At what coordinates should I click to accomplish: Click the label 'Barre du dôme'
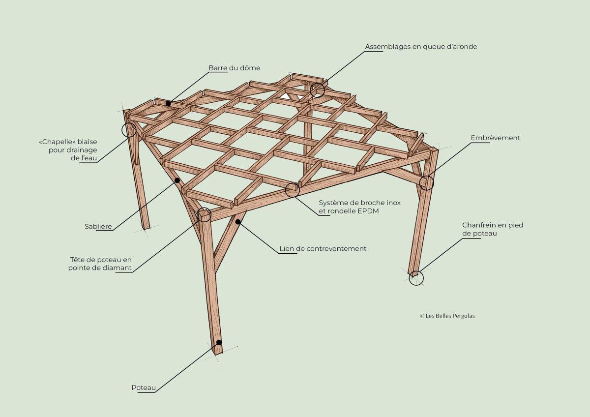pos(234,68)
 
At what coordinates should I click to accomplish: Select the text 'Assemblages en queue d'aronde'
pos(421,47)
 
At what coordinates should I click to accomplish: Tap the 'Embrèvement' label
pos(496,138)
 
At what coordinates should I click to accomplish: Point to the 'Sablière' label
pos(98,226)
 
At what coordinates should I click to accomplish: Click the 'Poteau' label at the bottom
pos(144,388)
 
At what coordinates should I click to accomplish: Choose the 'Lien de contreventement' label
pos(323,249)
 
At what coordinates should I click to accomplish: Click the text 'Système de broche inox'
pos(359,203)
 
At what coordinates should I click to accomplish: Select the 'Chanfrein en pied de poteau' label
pos(493,229)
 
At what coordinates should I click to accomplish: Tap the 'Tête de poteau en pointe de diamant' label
pos(100,264)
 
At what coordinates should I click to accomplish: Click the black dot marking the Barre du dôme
pos(168,104)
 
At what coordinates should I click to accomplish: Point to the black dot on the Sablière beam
pos(177,180)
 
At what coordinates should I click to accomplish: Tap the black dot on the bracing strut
pos(238,222)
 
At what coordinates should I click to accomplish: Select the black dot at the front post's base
pos(219,342)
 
